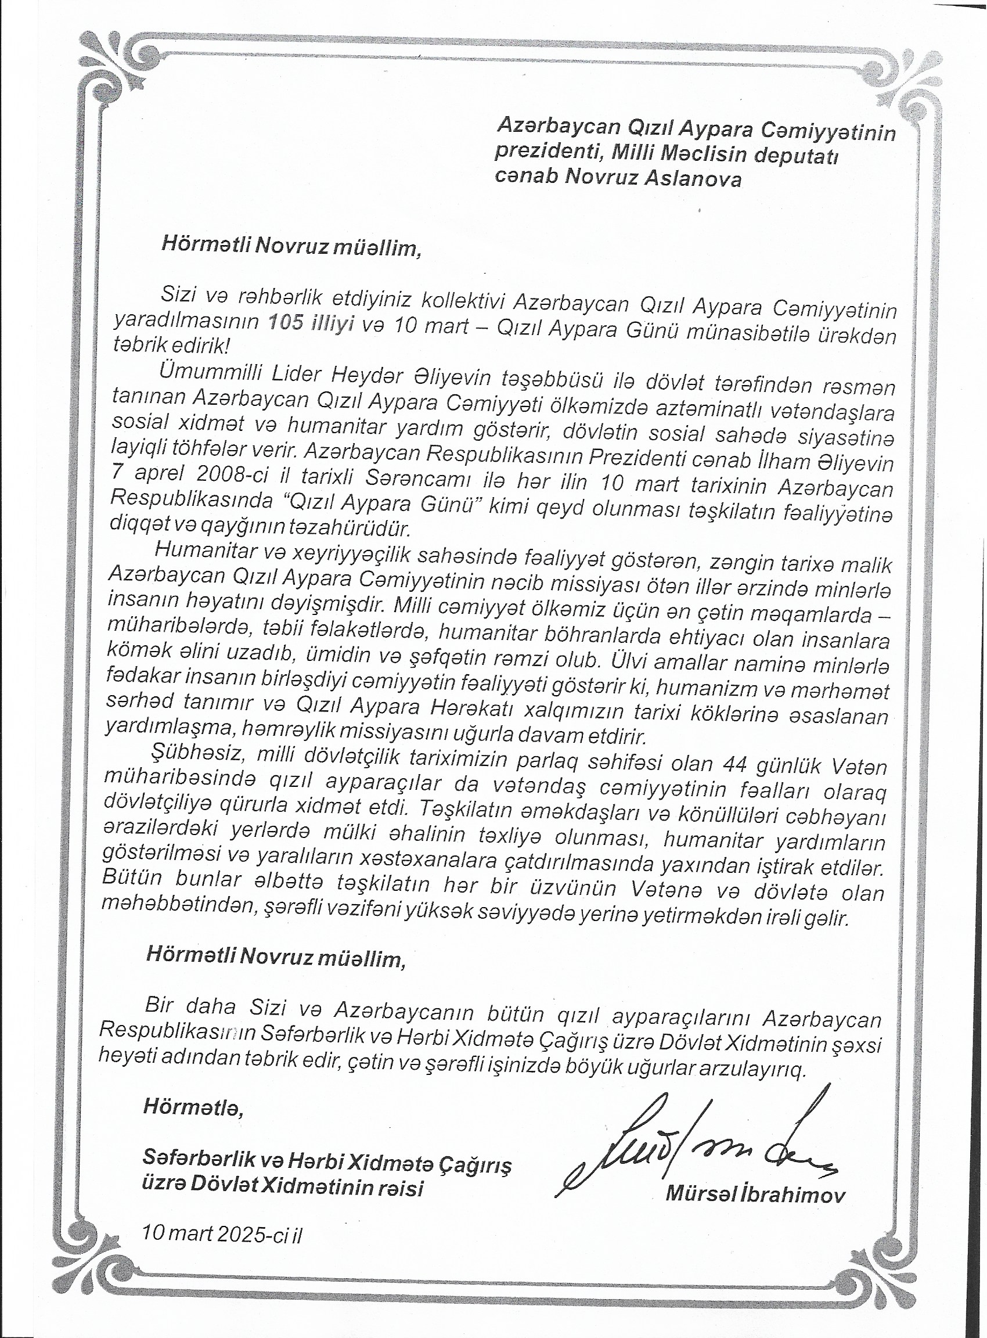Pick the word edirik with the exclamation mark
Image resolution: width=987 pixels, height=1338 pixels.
(x=197, y=347)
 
